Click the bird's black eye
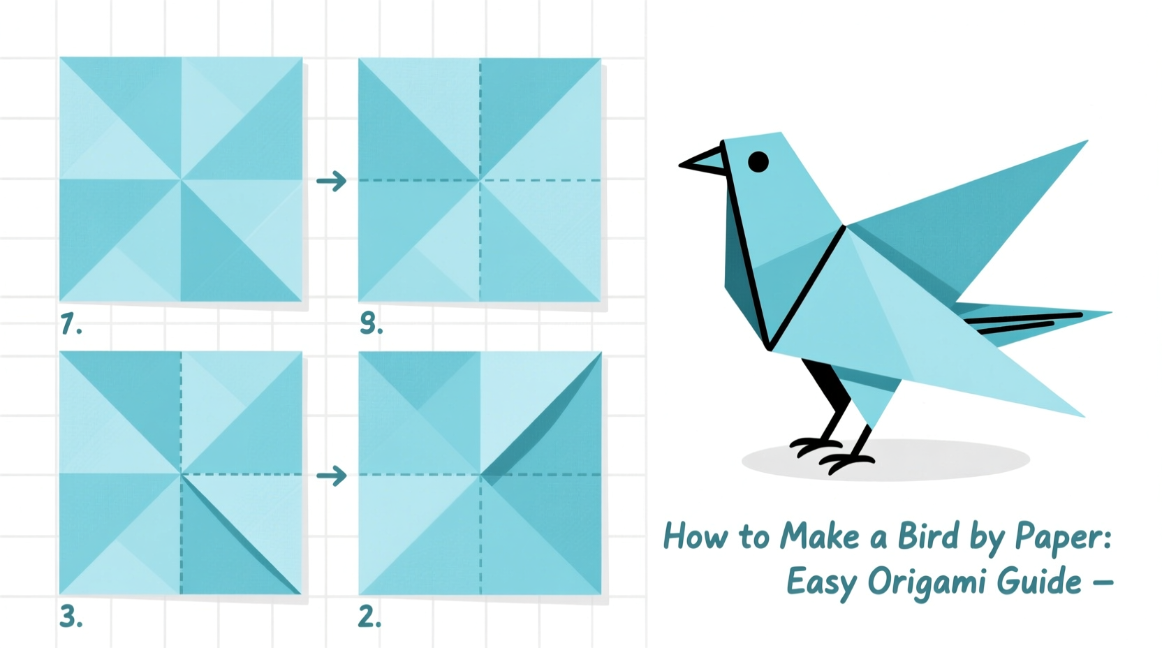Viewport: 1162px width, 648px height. [758, 162]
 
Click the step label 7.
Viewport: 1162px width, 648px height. [71, 324]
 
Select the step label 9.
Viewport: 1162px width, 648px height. [371, 323]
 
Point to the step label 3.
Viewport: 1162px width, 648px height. [71, 617]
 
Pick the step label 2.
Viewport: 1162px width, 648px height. [369, 617]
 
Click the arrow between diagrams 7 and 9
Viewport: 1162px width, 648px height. [332, 182]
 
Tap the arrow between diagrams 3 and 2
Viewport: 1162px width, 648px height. [332, 476]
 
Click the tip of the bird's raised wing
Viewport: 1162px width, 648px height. [1084, 143]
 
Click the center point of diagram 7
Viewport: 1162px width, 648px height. [181, 179]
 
